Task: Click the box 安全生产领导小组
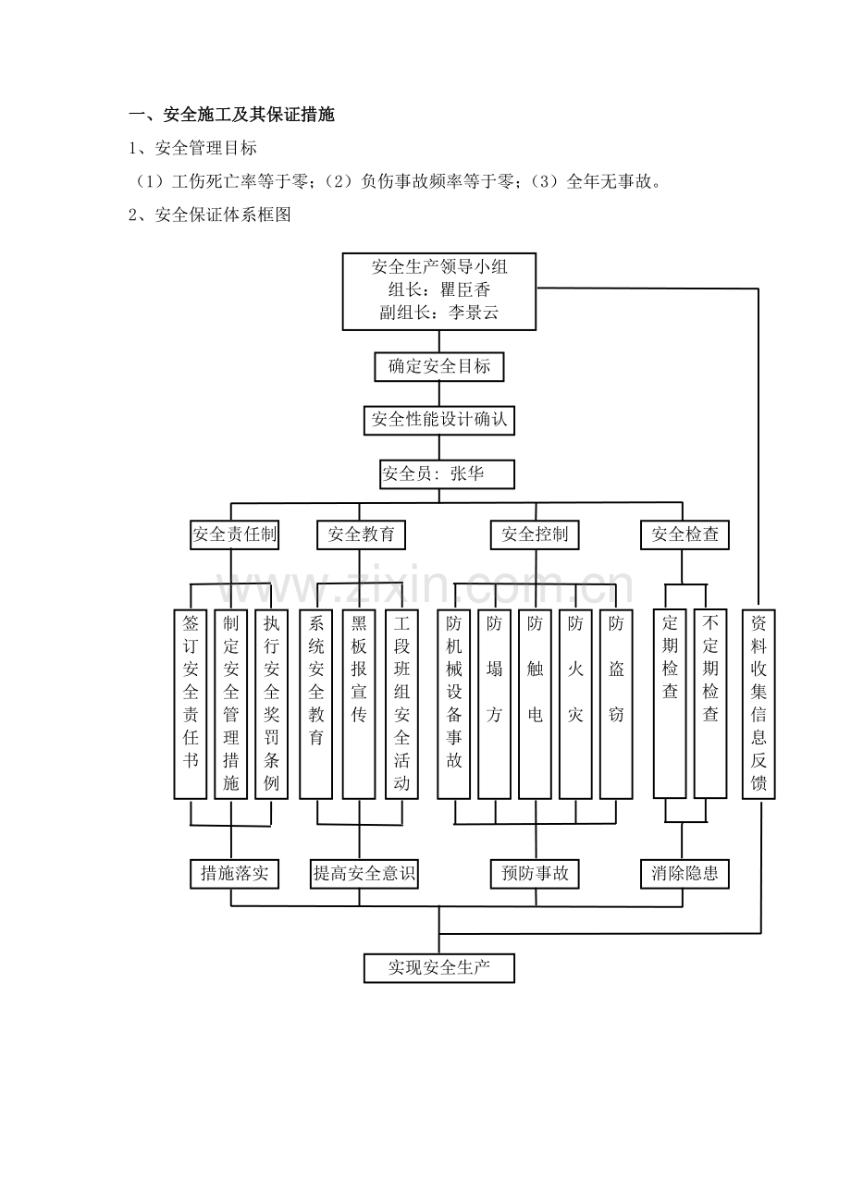[x=438, y=291]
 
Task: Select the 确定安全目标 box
[x=438, y=367]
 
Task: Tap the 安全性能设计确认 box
[x=438, y=421]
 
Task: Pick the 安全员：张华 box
[x=447, y=474]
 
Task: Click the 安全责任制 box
[x=234, y=534]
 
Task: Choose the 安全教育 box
[x=361, y=534]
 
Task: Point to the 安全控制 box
[x=535, y=534]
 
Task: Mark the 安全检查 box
[x=684, y=534]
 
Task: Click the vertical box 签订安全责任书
[x=191, y=704]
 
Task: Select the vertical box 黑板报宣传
[x=359, y=704]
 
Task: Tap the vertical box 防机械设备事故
[x=454, y=704]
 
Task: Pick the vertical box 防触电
[x=535, y=704]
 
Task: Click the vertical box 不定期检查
[x=710, y=704]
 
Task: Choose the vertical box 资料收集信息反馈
[x=758, y=704]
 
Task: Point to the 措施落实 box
[x=234, y=874]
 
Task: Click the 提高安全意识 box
[x=364, y=874]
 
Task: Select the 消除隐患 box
[x=684, y=874]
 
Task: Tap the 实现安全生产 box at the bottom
[x=438, y=968]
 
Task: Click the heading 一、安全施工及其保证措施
[x=231, y=115]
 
